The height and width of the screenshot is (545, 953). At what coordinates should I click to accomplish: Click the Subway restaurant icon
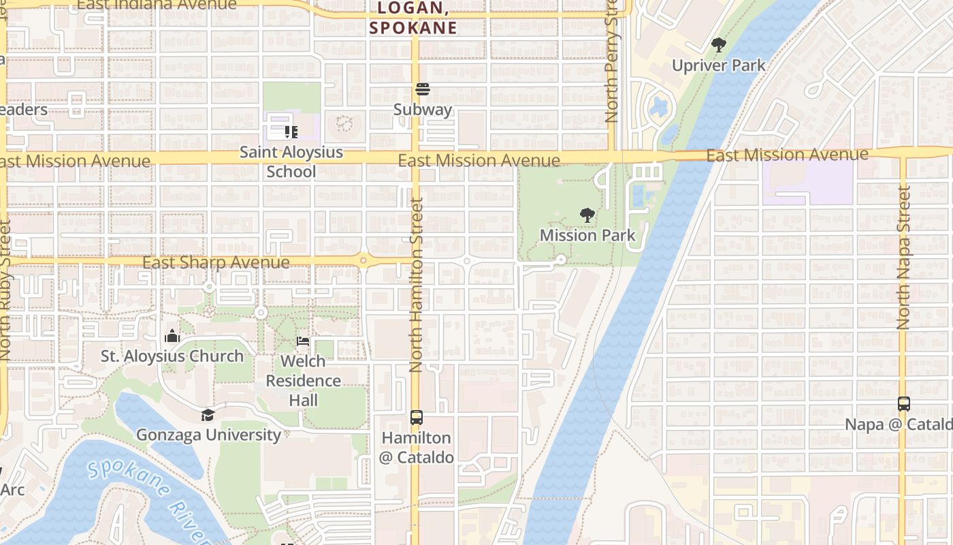423,89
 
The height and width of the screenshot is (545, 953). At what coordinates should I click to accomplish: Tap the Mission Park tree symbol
587,215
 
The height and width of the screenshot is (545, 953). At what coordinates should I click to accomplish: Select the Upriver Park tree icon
718,46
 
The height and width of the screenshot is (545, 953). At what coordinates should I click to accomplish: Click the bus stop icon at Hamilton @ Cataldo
416,418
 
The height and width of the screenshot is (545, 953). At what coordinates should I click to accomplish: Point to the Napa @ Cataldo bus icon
903,404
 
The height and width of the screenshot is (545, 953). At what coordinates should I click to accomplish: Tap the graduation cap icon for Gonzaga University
208,415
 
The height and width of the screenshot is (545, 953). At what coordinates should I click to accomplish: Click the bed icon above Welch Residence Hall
303,341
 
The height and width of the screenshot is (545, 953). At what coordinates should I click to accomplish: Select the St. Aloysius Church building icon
172,336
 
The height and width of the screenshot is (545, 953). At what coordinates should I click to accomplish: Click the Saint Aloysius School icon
291,131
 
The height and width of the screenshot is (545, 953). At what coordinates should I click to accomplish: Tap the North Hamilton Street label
416,285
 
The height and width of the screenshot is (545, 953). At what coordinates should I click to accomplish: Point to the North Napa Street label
903,259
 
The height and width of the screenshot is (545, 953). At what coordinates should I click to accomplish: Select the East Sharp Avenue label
216,262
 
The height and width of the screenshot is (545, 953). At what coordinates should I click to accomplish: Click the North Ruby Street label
5,290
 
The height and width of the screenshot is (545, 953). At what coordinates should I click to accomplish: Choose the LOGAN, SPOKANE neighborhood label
413,18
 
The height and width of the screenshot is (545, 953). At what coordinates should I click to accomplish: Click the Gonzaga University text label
208,435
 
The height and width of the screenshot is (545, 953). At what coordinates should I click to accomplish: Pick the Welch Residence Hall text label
303,380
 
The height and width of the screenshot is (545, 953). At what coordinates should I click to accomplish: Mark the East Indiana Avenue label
157,5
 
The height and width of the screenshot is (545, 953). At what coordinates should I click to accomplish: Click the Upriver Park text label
718,65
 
